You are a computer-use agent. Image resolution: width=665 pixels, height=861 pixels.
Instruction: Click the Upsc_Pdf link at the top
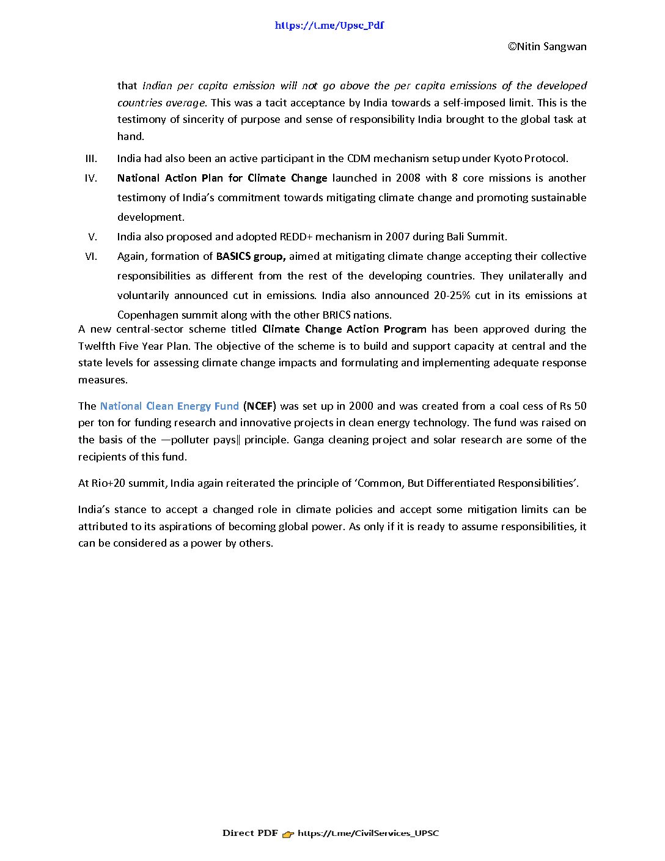329,26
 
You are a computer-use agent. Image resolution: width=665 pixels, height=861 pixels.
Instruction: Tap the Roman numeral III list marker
91,158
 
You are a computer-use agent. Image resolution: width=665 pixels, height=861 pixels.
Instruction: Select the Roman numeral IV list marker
91,178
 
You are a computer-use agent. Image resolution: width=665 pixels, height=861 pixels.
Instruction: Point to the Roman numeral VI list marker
91,256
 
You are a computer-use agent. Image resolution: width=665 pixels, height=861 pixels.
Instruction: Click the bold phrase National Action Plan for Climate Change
222,178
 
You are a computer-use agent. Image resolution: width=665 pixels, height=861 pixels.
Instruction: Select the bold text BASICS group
251,256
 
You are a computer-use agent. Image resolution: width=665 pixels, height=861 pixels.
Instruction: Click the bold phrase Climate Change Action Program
344,329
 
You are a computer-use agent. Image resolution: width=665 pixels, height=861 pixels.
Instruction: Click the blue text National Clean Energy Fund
169,406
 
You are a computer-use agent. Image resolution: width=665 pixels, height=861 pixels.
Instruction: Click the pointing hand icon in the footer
288,833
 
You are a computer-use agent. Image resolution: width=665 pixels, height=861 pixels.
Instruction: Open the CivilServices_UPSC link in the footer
368,833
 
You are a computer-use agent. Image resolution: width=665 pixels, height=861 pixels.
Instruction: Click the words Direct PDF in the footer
250,833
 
